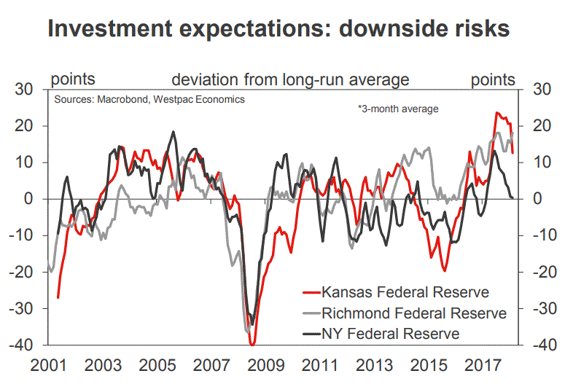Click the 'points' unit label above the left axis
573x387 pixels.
click(x=71, y=79)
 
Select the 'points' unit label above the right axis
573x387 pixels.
click(x=493, y=79)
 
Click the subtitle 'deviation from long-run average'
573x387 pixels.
click(x=290, y=79)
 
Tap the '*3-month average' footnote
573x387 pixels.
click(x=398, y=109)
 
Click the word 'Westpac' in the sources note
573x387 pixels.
click(x=176, y=99)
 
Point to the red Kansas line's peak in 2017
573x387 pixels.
click(x=496, y=113)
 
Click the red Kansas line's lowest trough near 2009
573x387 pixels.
click(x=252, y=344)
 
